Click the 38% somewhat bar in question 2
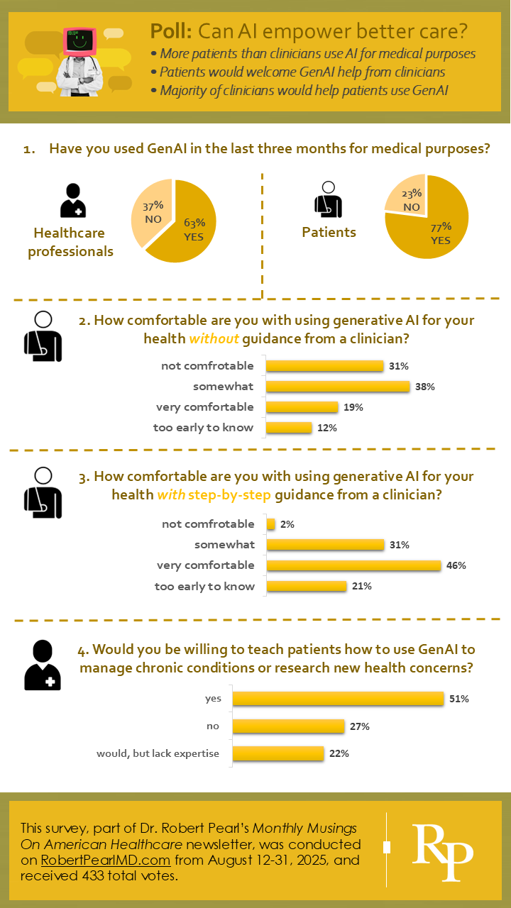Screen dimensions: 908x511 point(338,387)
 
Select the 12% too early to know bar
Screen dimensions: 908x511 point(289,428)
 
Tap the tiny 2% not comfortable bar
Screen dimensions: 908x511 point(270,524)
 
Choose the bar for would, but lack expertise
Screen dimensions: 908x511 point(278,753)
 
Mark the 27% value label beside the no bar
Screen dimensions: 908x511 point(360,726)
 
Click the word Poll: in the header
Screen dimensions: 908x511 point(171,31)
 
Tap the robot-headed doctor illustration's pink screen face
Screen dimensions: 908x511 point(79,43)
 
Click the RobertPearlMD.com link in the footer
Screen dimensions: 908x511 point(106,860)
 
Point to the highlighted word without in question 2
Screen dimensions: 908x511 point(214,339)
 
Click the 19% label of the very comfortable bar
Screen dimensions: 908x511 point(353,407)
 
